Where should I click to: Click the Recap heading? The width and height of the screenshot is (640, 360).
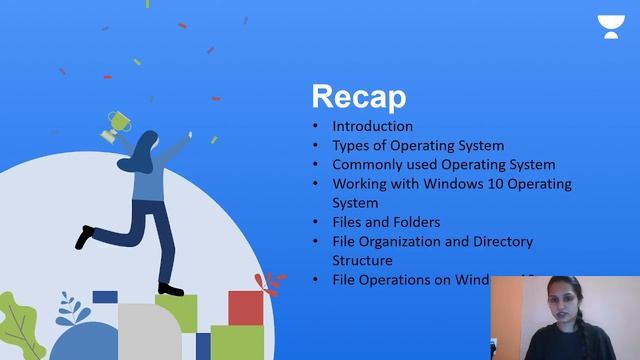coord(359,97)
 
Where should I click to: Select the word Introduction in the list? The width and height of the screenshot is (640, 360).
coord(372,127)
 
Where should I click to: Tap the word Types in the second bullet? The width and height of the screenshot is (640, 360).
coord(351,146)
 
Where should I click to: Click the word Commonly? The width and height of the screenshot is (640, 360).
coord(367,165)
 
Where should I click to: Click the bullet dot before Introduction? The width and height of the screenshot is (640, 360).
coord(317,127)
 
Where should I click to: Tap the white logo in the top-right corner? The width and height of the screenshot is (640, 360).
coord(609,26)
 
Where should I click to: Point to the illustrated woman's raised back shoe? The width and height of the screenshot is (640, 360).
coord(86,237)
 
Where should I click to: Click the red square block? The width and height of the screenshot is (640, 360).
coord(244,308)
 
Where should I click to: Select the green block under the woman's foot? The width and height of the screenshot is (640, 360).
coord(176,310)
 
